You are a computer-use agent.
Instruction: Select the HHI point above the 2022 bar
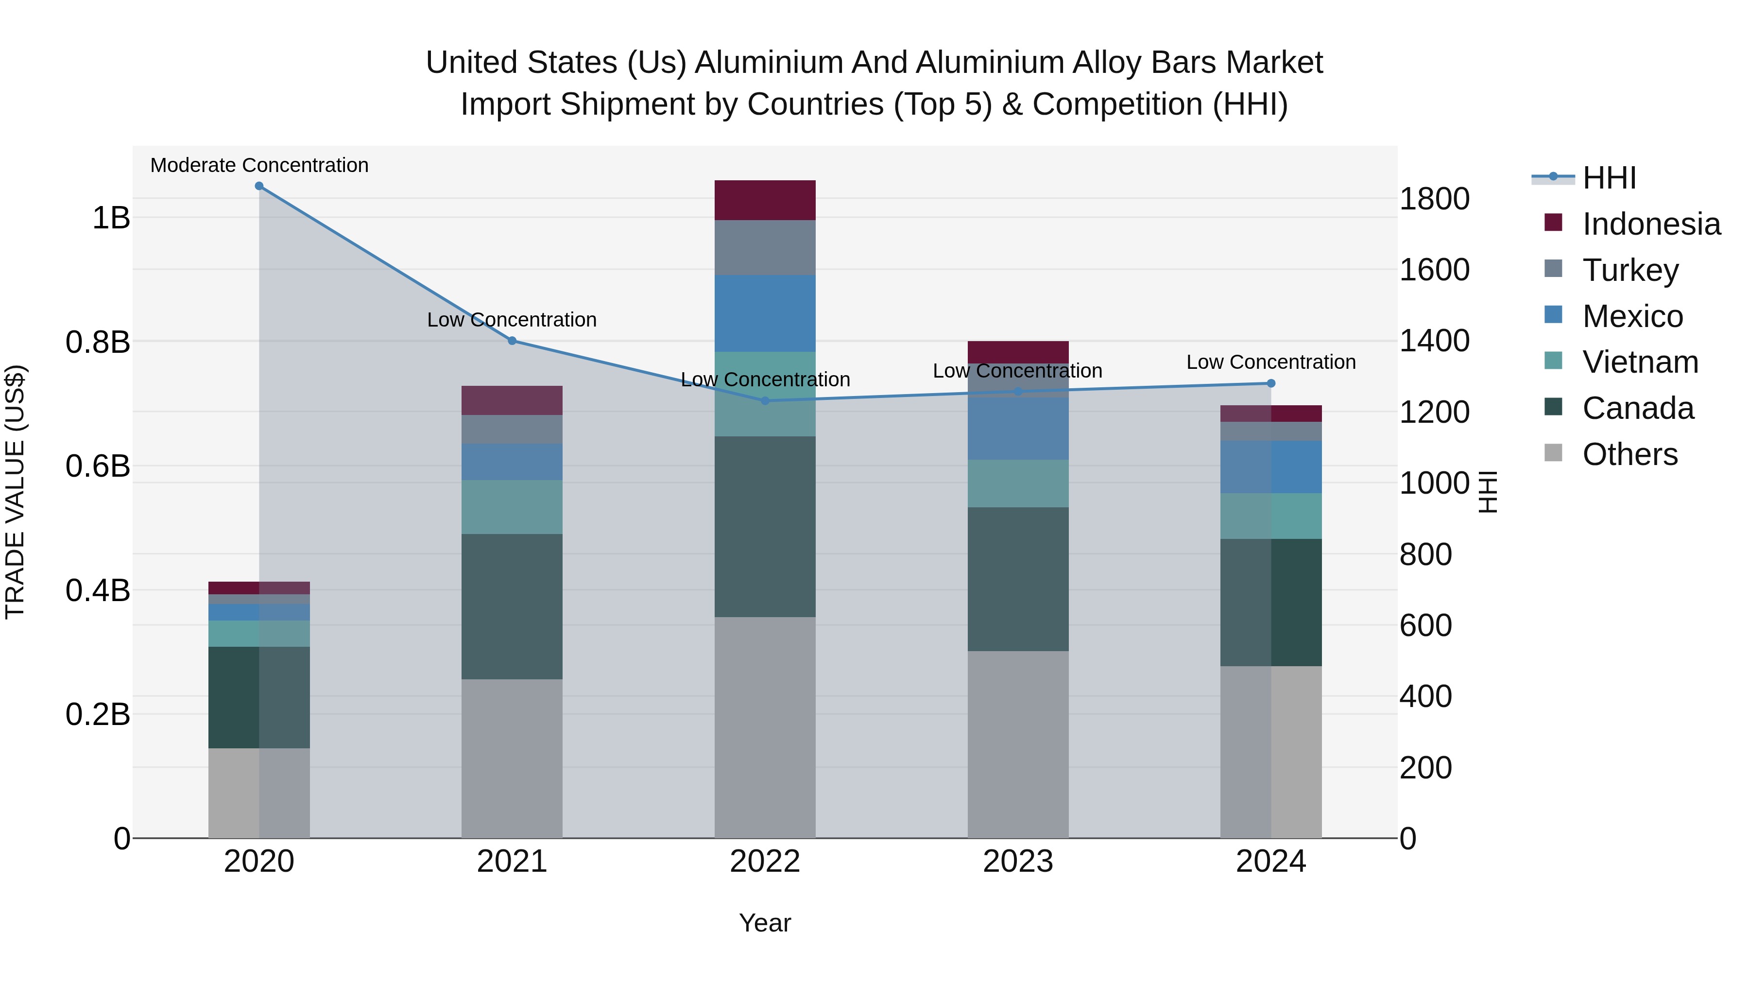(x=765, y=401)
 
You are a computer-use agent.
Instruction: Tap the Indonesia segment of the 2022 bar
(x=765, y=200)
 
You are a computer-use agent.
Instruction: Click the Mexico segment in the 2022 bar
(x=765, y=313)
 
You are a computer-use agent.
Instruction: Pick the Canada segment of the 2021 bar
(x=512, y=606)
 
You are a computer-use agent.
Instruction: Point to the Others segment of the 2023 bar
(x=1018, y=744)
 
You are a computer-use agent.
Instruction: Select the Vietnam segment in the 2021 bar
(x=512, y=507)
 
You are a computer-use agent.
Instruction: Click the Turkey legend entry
(x=1630, y=270)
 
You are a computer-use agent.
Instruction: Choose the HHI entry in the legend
(x=1609, y=178)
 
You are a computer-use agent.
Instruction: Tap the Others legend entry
(x=1629, y=454)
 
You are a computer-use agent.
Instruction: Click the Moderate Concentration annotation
(x=259, y=165)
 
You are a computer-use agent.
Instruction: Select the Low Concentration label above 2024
(x=1271, y=362)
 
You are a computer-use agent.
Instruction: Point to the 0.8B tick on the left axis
(x=98, y=342)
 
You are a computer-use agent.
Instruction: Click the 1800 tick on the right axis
(x=1435, y=199)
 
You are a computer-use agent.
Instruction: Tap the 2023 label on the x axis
(x=1018, y=862)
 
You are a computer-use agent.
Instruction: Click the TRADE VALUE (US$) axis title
(x=15, y=492)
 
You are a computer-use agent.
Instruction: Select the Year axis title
(x=765, y=923)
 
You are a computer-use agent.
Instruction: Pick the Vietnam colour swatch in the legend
(x=1554, y=361)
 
